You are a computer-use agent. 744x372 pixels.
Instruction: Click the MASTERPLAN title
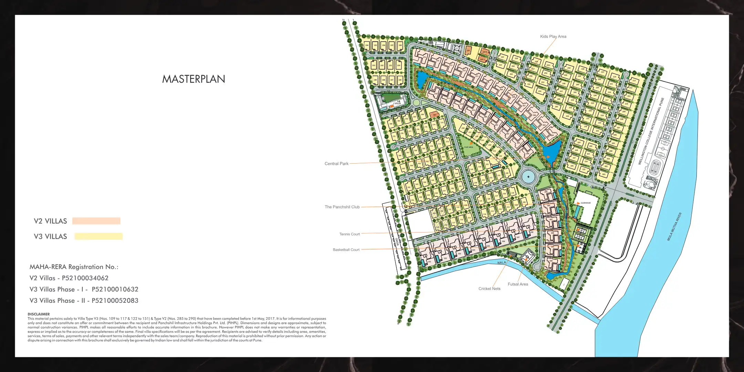(194, 79)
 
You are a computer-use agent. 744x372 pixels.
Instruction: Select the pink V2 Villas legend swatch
(96, 221)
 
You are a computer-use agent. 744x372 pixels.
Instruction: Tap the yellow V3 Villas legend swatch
(99, 236)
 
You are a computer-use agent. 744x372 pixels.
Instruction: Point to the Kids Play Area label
(553, 37)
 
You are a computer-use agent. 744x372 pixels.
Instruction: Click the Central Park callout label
(337, 164)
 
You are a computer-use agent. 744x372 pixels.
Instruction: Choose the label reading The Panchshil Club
(342, 207)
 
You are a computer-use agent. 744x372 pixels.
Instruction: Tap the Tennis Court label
(350, 234)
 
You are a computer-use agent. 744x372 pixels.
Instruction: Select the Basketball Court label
(346, 250)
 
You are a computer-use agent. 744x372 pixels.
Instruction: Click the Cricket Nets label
(489, 289)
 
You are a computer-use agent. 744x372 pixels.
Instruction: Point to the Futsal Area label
(518, 284)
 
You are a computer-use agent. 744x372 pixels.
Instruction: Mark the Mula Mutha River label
(674, 227)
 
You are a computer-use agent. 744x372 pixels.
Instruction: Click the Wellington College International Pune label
(651, 131)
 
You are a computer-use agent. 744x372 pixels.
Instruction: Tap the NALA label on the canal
(502, 262)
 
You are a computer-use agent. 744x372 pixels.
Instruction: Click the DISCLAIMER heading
(39, 314)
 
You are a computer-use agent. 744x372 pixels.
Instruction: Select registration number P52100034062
(85, 278)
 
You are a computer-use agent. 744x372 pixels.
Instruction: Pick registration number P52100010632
(115, 289)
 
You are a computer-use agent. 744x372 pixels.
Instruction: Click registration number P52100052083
(115, 301)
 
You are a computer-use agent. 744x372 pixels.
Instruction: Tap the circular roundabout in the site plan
(528, 177)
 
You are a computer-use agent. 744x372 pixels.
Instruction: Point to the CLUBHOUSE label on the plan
(586, 203)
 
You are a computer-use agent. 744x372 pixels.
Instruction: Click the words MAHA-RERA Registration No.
(74, 267)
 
